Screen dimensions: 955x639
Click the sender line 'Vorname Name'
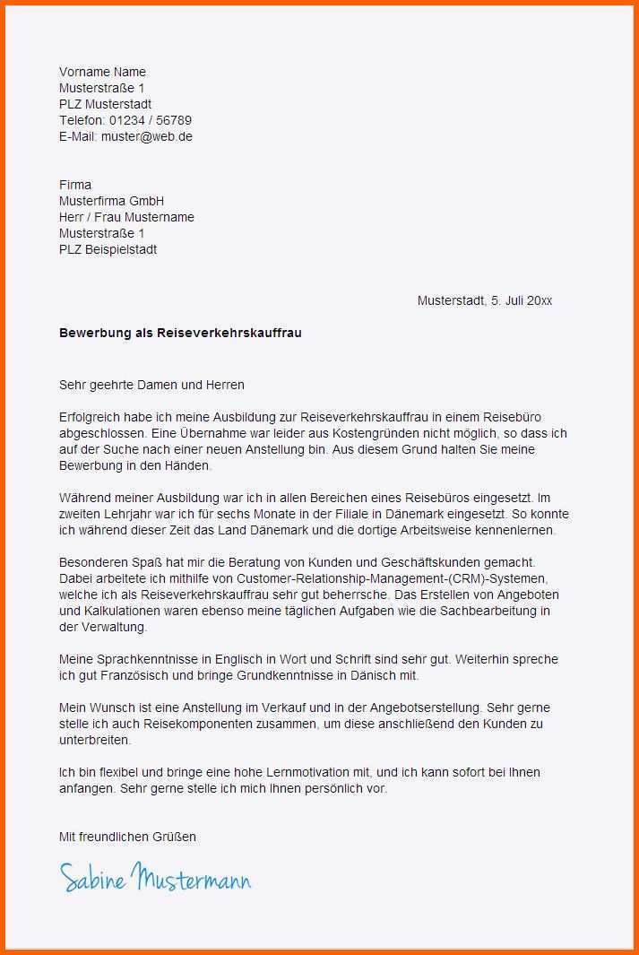[x=102, y=72]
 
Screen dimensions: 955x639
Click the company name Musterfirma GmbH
[x=111, y=201]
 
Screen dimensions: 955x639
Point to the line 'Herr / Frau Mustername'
[x=126, y=217]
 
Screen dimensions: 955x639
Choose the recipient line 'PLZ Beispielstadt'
[x=108, y=249]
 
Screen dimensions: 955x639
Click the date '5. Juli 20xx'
[x=520, y=300]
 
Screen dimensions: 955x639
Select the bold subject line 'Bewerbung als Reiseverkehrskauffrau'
[x=180, y=333]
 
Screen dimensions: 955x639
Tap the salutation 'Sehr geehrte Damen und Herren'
[x=151, y=385]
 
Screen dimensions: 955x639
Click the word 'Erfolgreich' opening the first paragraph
[x=91, y=417]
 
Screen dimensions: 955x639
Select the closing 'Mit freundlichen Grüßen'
[x=127, y=837]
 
